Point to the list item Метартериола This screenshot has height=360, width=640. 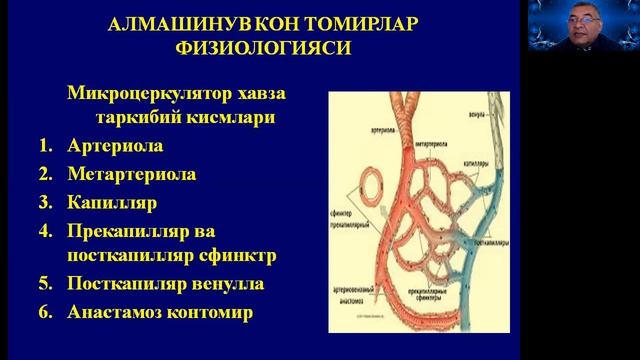coord(131,174)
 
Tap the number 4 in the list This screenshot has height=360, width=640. coord(45,229)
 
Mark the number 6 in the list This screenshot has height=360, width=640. coord(45,311)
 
